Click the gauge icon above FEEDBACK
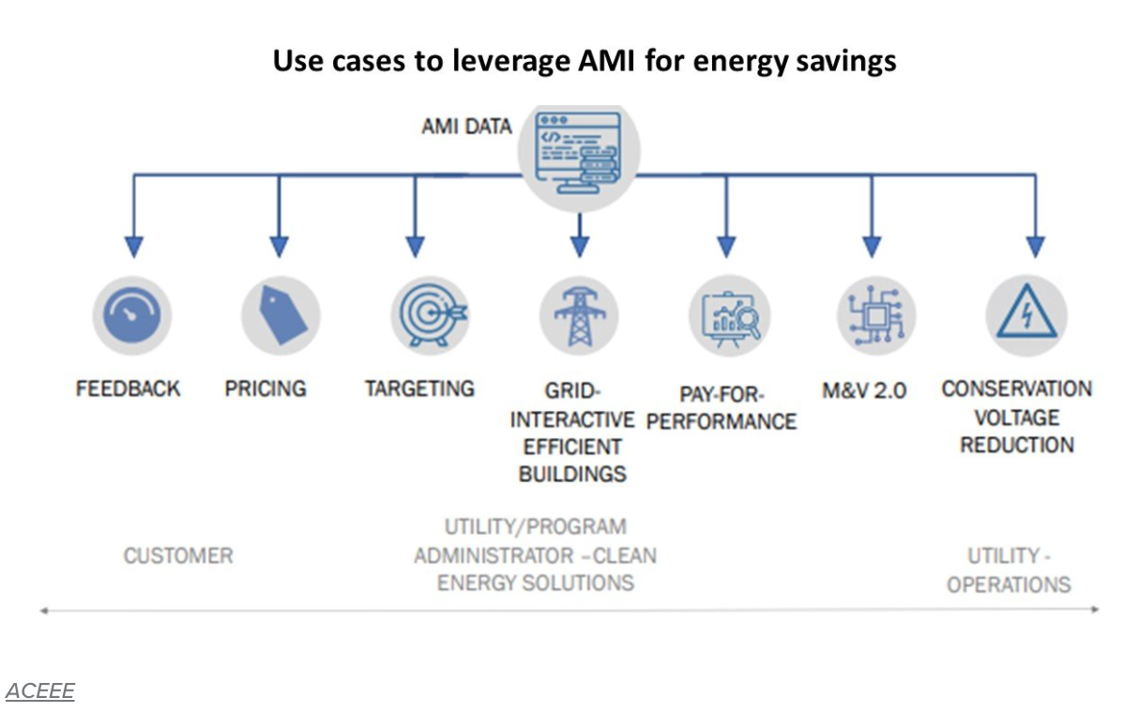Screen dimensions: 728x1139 (x=132, y=315)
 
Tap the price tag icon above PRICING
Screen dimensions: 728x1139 (x=280, y=315)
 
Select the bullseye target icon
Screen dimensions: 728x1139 (x=429, y=315)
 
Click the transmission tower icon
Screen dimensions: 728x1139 (x=579, y=315)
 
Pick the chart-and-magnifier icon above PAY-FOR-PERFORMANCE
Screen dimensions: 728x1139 (x=727, y=315)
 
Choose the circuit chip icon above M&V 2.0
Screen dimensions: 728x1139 (x=874, y=315)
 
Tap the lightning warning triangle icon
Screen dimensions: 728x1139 (x=1025, y=315)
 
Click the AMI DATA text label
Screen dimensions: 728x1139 (x=466, y=126)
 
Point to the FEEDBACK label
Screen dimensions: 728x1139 (x=128, y=388)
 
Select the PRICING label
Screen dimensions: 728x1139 (x=266, y=388)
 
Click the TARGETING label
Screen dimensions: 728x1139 (x=419, y=388)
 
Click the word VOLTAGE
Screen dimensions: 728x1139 (x=1016, y=417)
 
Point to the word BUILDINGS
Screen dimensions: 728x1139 (x=572, y=474)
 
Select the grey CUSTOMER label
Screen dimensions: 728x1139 (x=178, y=555)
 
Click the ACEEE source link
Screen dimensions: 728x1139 (x=39, y=691)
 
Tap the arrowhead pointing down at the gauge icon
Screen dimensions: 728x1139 (x=133, y=247)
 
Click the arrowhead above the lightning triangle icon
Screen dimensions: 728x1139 (x=1035, y=247)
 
